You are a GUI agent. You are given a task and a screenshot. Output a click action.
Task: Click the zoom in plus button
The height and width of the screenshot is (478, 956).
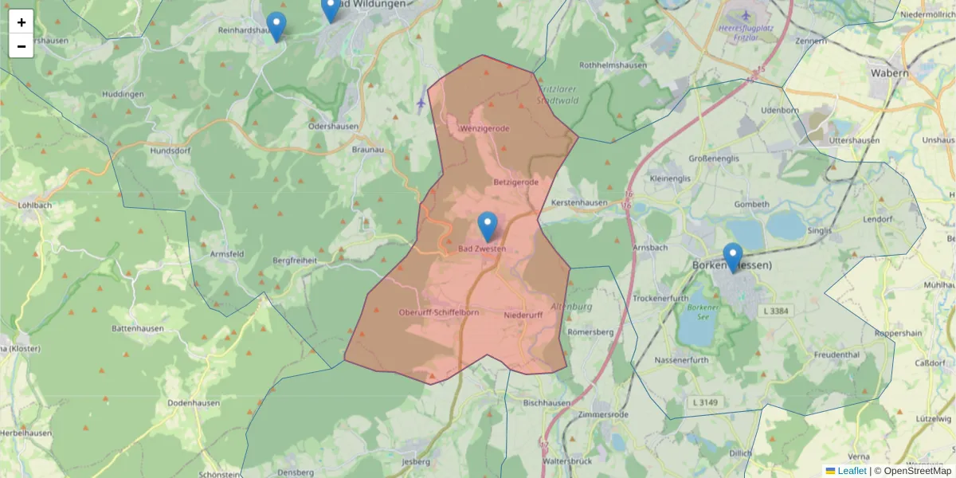pyautogui.click(x=22, y=22)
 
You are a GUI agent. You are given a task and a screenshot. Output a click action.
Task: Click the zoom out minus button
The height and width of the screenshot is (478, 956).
pyautogui.click(x=22, y=46)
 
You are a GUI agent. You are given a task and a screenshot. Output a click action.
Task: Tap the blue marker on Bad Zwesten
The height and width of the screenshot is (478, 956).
pyautogui.click(x=488, y=226)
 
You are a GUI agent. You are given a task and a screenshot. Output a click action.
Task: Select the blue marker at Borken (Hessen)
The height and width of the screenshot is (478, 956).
pyautogui.click(x=733, y=257)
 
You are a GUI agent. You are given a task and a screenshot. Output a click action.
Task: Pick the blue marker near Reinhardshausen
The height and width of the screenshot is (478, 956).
pyautogui.click(x=276, y=25)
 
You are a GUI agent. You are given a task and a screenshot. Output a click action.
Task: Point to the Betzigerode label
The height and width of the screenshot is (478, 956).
pyautogui.click(x=516, y=182)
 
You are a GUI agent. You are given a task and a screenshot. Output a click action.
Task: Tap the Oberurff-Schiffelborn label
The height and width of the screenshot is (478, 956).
pyautogui.click(x=439, y=313)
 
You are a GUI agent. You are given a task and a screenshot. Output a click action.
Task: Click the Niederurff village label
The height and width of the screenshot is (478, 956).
pyautogui.click(x=523, y=315)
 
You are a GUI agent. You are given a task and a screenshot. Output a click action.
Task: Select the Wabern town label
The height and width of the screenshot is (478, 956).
pyautogui.click(x=889, y=73)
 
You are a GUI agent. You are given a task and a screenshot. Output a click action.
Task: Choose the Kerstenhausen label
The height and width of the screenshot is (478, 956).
pyautogui.click(x=578, y=203)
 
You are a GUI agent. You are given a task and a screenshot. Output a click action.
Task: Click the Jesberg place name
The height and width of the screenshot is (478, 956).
pyautogui.click(x=416, y=461)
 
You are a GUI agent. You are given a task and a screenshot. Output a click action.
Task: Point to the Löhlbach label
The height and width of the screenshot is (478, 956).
pyautogui.click(x=34, y=205)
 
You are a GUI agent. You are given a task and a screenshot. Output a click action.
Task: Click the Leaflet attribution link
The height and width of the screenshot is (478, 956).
pyautogui.click(x=852, y=471)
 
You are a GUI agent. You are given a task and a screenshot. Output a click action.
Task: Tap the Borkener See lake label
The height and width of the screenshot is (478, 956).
pyautogui.click(x=703, y=312)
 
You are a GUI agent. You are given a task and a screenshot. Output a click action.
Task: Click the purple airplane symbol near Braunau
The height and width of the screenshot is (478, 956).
pyautogui.click(x=421, y=103)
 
